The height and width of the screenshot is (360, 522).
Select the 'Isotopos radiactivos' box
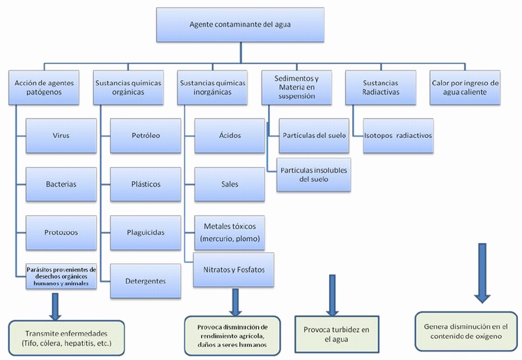pyautogui.click(x=393, y=136)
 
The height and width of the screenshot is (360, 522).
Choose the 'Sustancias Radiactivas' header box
pyautogui.click(x=379, y=88)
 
